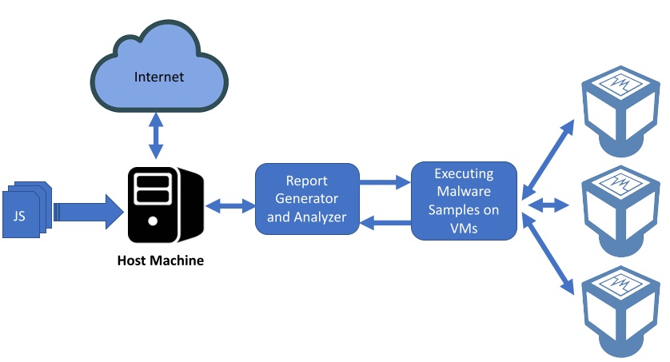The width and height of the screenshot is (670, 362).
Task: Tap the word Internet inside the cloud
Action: [159, 77]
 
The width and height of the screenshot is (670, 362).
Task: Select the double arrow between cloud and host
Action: [156, 136]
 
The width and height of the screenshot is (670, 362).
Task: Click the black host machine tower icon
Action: [166, 205]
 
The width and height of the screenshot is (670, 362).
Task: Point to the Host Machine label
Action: [160, 261]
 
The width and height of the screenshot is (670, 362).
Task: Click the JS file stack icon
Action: [27, 209]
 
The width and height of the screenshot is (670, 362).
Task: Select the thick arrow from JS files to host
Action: [89, 212]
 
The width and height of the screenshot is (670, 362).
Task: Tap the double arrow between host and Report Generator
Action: [230, 205]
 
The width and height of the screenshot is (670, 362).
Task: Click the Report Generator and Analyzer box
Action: [307, 199]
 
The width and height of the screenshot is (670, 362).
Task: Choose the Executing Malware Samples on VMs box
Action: [464, 201]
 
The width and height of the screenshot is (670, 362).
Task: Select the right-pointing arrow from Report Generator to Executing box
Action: [385, 182]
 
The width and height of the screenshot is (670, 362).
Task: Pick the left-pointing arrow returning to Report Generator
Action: [385, 222]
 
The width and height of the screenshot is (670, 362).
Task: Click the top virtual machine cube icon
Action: [620, 111]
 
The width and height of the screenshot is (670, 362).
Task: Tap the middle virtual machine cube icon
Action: [620, 211]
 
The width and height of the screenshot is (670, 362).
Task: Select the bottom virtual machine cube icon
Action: [620, 311]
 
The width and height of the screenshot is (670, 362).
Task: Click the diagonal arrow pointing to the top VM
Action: [548, 160]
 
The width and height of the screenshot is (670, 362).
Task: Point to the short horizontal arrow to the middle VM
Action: [548, 205]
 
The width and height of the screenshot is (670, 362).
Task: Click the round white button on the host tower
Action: [153, 221]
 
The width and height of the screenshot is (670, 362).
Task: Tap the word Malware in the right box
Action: [464, 191]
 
